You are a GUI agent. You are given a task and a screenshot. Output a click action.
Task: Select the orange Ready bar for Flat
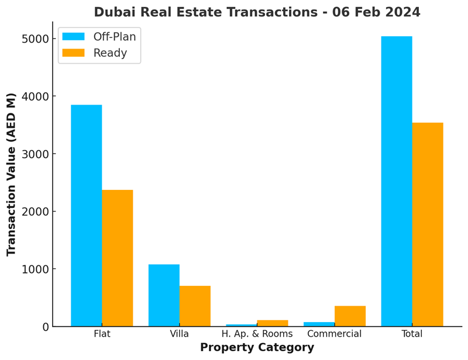[117, 258]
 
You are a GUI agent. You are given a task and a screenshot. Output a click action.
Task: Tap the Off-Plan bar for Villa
[164, 295]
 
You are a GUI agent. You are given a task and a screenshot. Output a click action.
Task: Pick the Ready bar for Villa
[195, 306]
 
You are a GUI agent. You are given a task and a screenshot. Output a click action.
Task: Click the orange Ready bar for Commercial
[350, 316]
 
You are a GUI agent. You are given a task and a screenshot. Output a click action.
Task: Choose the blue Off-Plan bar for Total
[397, 181]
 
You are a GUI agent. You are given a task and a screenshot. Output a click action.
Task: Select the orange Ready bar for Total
[428, 224]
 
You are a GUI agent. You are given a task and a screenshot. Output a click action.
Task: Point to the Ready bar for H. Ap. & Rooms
[273, 323]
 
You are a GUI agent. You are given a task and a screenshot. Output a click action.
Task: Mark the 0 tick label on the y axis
[43, 327]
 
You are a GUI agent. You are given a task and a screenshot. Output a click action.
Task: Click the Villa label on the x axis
[179, 334]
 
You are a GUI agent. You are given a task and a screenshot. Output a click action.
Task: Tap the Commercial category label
[335, 334]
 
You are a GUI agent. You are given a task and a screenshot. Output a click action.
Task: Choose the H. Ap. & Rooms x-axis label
[257, 334]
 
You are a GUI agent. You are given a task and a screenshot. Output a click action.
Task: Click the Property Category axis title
[257, 348]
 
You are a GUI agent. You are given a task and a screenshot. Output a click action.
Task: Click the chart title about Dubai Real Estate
[257, 12]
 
